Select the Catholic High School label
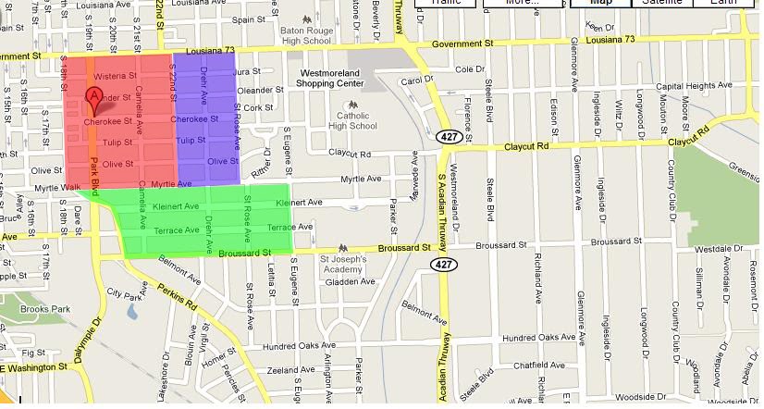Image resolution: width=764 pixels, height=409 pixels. point(353,120)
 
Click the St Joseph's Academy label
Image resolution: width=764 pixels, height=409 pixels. point(344,265)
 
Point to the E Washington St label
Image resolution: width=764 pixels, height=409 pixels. point(37,369)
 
